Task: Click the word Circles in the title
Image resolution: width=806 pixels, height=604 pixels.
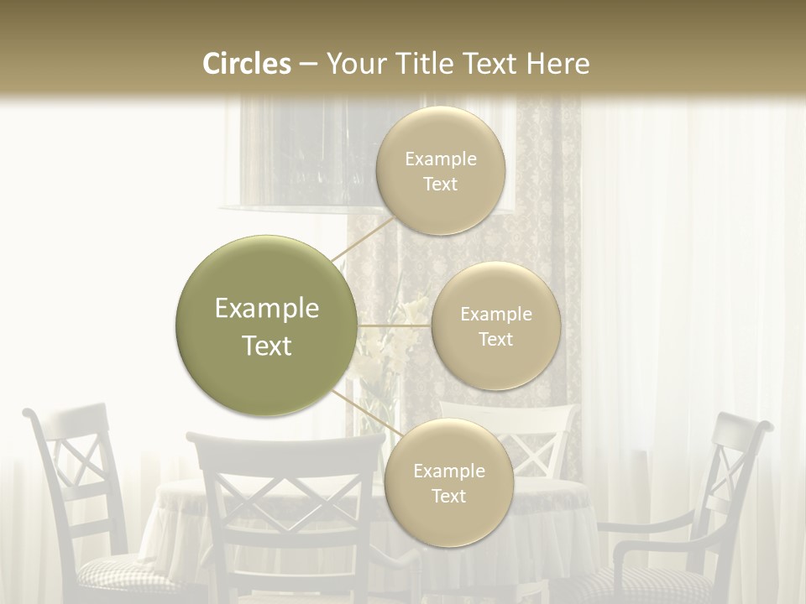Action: coord(247,64)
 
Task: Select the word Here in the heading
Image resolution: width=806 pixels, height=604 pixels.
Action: coord(558,64)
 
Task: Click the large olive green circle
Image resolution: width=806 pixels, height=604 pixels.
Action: coord(266,325)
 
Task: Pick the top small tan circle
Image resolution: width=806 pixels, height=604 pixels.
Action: coord(441,170)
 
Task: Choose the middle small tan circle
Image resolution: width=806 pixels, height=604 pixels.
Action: coord(495,325)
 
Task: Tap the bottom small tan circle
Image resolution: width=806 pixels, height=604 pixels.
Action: coord(448,482)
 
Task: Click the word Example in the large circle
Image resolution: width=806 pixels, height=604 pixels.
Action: coord(266,309)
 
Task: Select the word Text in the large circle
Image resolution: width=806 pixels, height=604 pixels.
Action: coord(266,346)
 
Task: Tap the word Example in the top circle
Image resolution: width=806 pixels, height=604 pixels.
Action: coord(441,159)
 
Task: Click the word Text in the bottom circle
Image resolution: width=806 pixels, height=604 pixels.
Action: coord(448,496)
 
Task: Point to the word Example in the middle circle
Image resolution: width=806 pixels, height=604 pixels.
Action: coord(495,315)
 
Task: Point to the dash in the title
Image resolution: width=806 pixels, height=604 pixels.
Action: coord(308,65)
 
